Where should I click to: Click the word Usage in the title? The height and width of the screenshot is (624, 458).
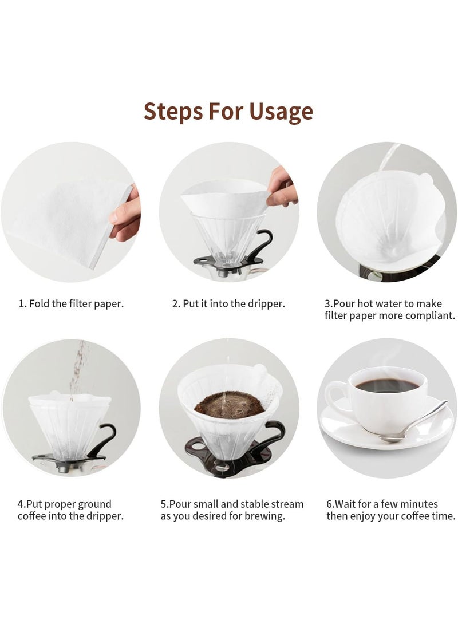coord(281,112)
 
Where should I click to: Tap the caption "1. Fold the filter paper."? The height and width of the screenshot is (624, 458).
coord(71,303)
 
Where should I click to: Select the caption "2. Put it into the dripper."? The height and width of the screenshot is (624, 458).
coord(228,303)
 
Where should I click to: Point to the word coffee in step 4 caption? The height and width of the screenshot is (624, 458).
coord(34,516)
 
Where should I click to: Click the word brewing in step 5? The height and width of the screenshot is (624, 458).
coord(266,516)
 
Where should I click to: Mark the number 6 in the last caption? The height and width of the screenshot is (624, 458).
coord(330,504)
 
